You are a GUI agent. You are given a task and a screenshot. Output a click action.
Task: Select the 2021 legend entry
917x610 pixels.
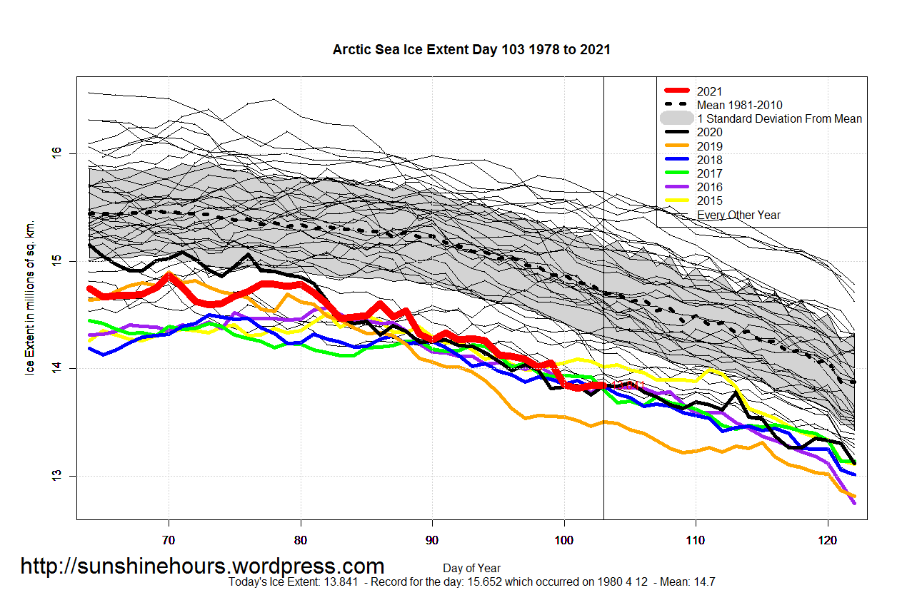click(709, 91)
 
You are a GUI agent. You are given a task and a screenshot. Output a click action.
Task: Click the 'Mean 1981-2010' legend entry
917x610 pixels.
click(739, 105)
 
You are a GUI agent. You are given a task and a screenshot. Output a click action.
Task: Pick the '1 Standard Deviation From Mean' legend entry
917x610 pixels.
click(779, 118)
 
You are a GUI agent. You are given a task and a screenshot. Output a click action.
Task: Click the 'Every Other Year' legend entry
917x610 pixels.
click(738, 215)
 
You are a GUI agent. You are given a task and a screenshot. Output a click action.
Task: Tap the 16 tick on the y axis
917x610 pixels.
click(56, 153)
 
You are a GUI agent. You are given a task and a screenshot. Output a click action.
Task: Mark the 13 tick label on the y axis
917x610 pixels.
click(56, 476)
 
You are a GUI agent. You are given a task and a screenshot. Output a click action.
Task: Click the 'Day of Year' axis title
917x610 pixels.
click(471, 568)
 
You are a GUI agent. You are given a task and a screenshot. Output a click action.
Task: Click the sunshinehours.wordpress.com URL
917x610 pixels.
click(202, 566)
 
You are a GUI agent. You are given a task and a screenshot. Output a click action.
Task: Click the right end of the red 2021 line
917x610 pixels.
click(603, 386)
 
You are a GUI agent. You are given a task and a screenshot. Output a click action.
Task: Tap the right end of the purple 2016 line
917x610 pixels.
click(854, 503)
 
